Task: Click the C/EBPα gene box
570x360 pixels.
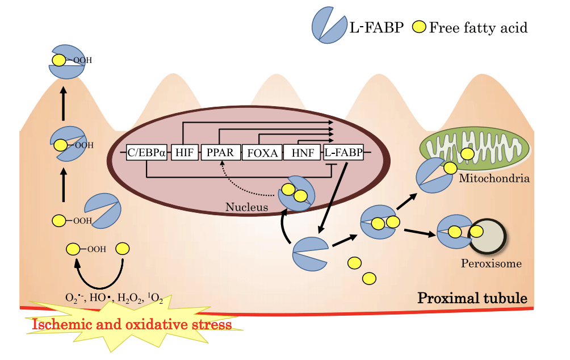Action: click(x=146, y=152)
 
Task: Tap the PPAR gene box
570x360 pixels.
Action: click(x=220, y=152)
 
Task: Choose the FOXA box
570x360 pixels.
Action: click(x=262, y=153)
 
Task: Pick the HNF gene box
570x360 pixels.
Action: click(x=302, y=152)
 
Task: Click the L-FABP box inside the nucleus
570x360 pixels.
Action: click(x=343, y=152)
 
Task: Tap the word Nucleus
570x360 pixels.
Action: click(x=246, y=207)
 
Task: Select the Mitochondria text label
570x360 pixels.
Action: click(x=494, y=179)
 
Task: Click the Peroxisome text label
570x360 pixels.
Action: click(x=491, y=263)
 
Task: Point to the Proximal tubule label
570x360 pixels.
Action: click(x=472, y=298)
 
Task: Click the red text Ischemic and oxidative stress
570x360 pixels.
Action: click(x=132, y=325)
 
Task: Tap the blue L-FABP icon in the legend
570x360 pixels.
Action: click(x=328, y=27)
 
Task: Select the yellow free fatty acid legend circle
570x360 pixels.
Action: click(x=419, y=27)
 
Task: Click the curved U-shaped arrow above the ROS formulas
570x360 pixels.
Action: click(x=99, y=275)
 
